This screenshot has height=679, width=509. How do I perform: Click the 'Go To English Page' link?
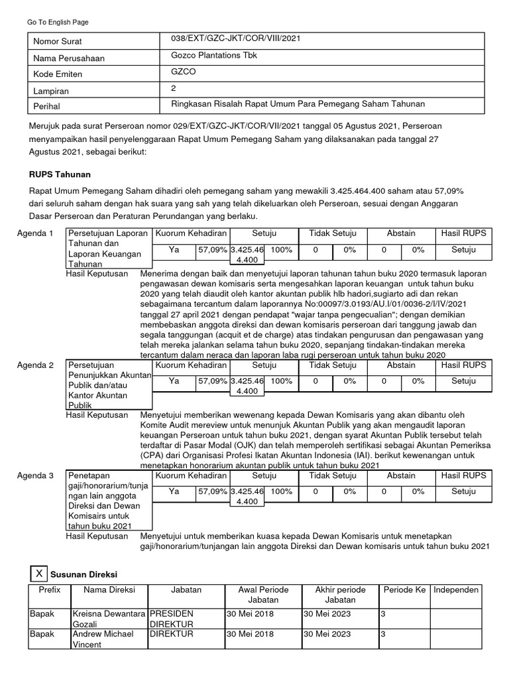tap(58, 22)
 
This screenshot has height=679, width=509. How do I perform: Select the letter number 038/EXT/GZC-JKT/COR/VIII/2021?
tap(235, 39)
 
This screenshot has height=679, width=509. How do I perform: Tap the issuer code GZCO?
tap(184, 72)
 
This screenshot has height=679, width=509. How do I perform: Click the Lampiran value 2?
tap(173, 88)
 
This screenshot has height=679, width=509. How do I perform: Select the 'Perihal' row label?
tap(47, 106)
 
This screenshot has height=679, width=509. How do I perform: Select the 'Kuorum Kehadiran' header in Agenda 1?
tap(191, 233)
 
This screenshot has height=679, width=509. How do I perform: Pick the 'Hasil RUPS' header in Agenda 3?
tap(463, 476)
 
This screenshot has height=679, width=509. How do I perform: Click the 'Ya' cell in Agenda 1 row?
tap(174, 250)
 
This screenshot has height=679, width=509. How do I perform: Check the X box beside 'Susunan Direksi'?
tap(40, 573)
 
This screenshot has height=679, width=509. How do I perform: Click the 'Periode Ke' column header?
tap(404, 589)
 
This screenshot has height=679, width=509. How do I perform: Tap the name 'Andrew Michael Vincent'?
tap(103, 639)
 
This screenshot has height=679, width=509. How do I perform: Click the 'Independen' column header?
tap(455, 589)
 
